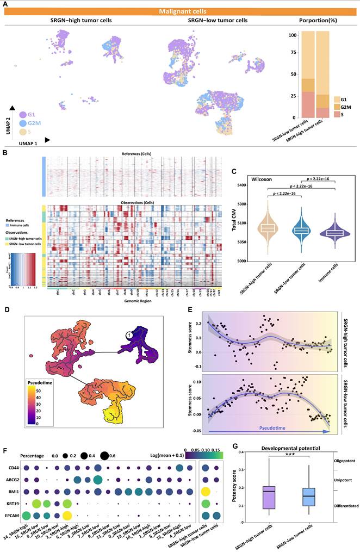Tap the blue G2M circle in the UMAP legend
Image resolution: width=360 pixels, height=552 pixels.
pos(23,123)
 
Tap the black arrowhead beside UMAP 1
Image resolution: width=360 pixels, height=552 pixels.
pos(48,140)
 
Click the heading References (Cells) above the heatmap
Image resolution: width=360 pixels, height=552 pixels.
pos(130,156)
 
